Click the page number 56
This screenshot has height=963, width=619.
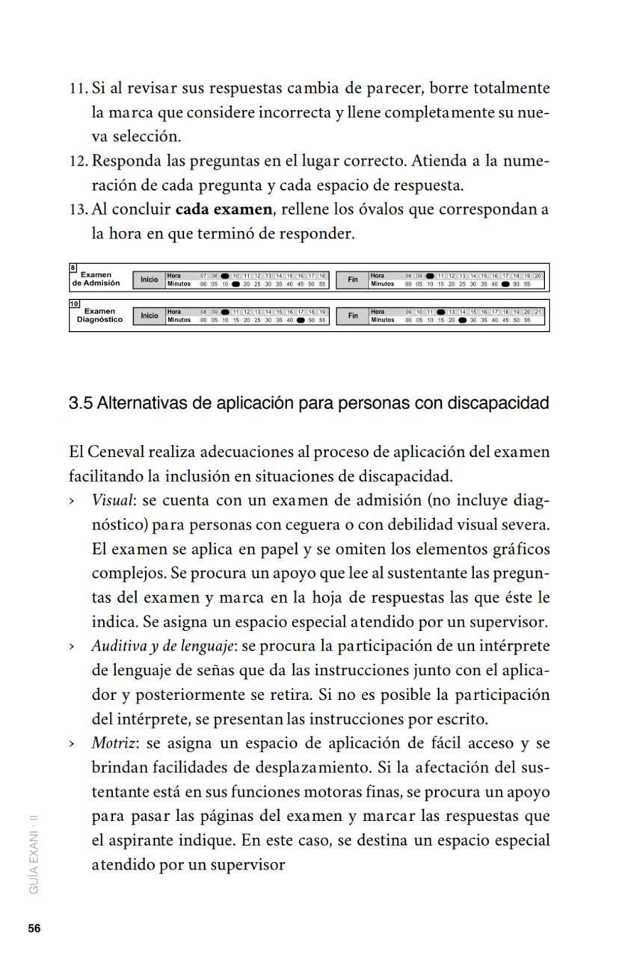pos(34,928)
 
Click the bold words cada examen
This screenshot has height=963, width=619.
pos(224,209)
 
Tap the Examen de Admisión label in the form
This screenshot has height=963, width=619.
pos(96,279)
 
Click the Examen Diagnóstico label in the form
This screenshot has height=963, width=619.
pos(99,316)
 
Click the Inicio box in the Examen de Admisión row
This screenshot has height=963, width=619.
pos(150,280)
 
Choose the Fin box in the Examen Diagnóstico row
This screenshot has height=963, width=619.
pos(352,316)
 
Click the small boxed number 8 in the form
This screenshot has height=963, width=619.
pos(73,267)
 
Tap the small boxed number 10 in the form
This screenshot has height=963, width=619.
pos(74,304)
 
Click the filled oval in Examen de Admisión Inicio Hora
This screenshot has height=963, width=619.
pos(224,276)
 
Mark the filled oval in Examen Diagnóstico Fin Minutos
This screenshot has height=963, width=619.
pos(462,320)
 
